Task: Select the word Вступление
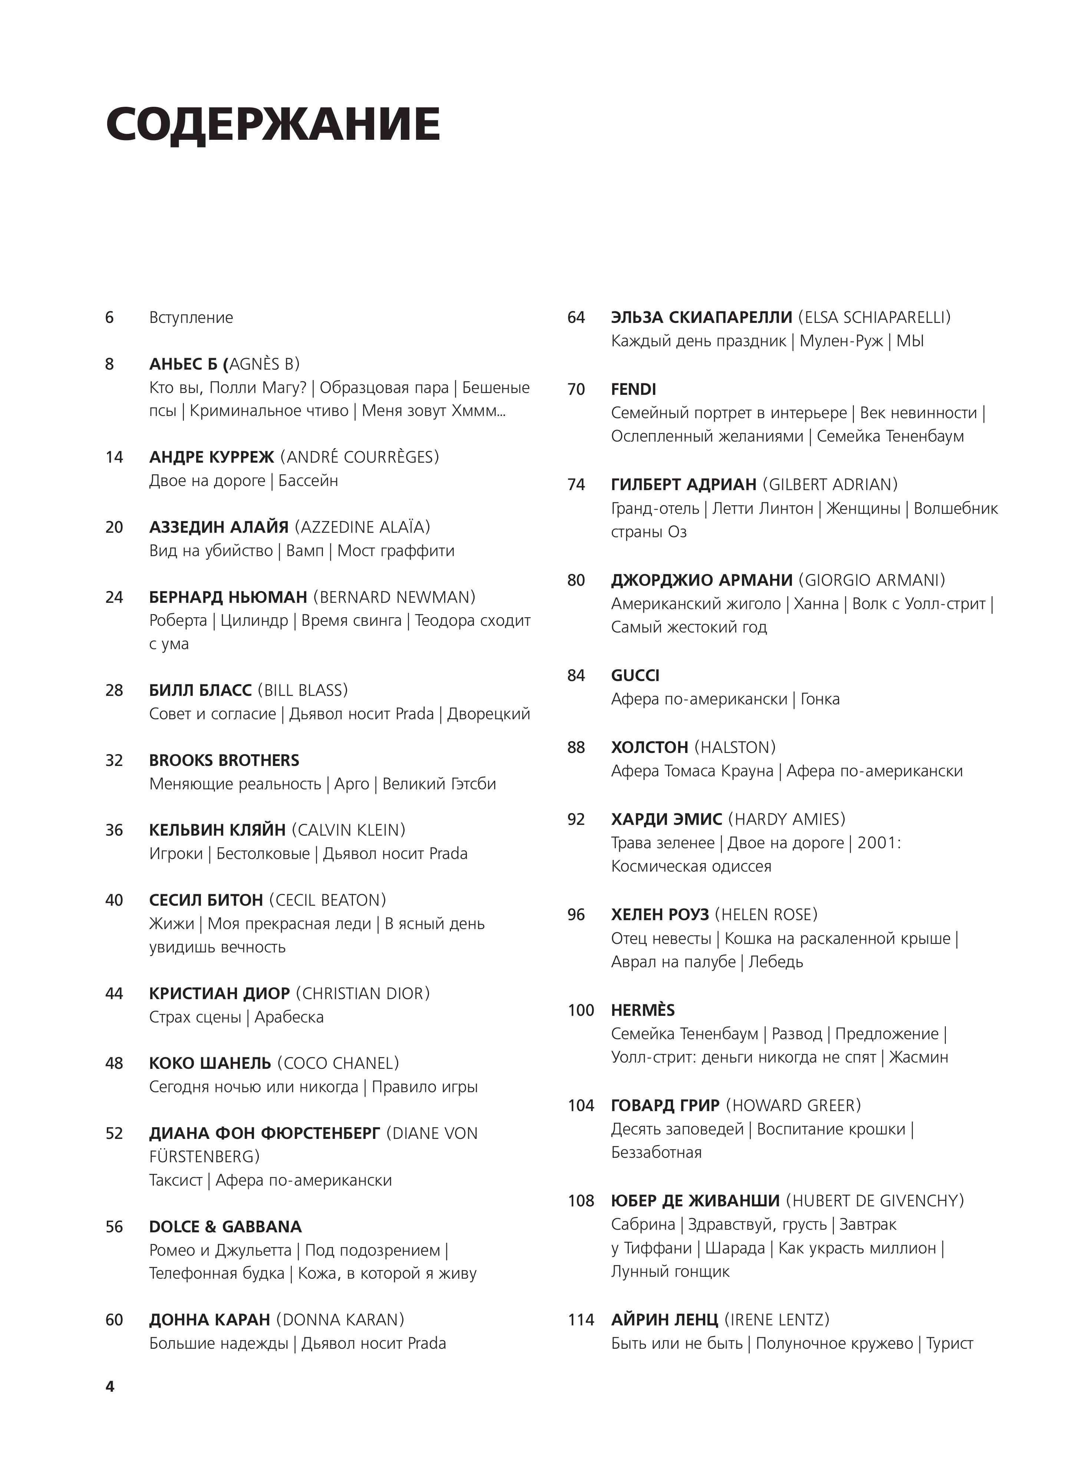191,318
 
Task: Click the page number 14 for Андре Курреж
114,457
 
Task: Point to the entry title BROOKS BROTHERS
224,760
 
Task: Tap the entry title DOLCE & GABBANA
225,1227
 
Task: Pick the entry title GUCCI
635,675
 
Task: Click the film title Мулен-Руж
841,341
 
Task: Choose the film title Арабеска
289,1017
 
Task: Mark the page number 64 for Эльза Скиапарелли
576,318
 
